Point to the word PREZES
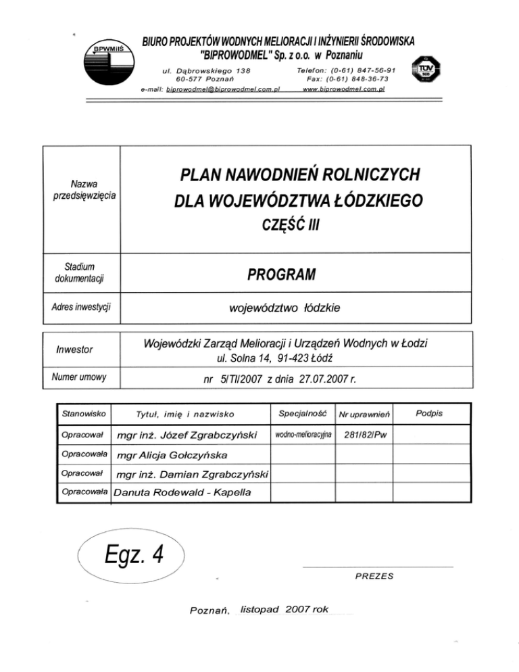[374, 576]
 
